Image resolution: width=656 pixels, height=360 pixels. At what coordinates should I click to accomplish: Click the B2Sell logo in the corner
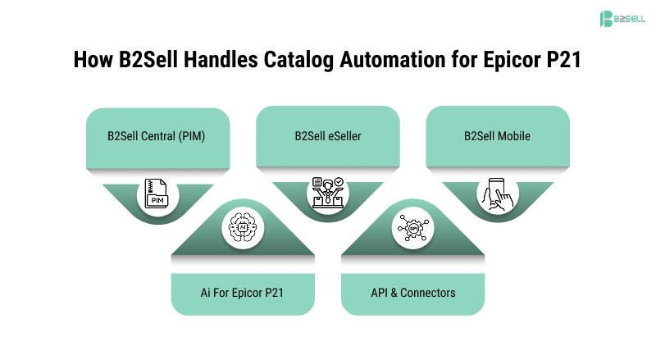coord(622,19)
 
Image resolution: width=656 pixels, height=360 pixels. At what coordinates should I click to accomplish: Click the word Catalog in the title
coord(298,59)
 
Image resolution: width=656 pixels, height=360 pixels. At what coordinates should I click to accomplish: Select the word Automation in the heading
coord(392,59)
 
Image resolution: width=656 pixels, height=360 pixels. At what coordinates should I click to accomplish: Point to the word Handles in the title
coord(221,59)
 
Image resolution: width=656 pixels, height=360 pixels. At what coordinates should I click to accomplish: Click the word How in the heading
coord(93,59)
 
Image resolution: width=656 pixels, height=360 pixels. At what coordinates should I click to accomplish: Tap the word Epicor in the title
coord(512,59)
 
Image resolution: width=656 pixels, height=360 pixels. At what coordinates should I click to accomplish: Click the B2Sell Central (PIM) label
coord(156,136)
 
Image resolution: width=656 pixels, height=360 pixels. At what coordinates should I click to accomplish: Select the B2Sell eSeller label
coord(327,136)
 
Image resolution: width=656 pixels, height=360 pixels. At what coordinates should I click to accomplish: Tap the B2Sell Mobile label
coord(497,136)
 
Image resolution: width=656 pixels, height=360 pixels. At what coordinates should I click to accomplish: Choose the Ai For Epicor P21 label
coord(242,293)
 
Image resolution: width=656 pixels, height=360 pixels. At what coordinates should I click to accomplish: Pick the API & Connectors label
coord(413,293)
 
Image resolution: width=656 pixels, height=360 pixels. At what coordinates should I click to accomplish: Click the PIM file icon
coord(156,194)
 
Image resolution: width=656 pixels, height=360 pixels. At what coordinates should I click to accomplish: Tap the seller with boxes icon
coord(327,193)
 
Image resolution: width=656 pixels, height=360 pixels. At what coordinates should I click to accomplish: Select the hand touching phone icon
coord(497,194)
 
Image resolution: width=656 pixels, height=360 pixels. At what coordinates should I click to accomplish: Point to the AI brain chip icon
coord(243,227)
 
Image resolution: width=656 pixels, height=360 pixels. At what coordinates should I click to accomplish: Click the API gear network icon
coord(413,228)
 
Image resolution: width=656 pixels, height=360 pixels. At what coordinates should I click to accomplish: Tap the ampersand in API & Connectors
coord(394,293)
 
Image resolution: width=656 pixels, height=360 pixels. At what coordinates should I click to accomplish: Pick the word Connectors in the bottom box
coord(427,293)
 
